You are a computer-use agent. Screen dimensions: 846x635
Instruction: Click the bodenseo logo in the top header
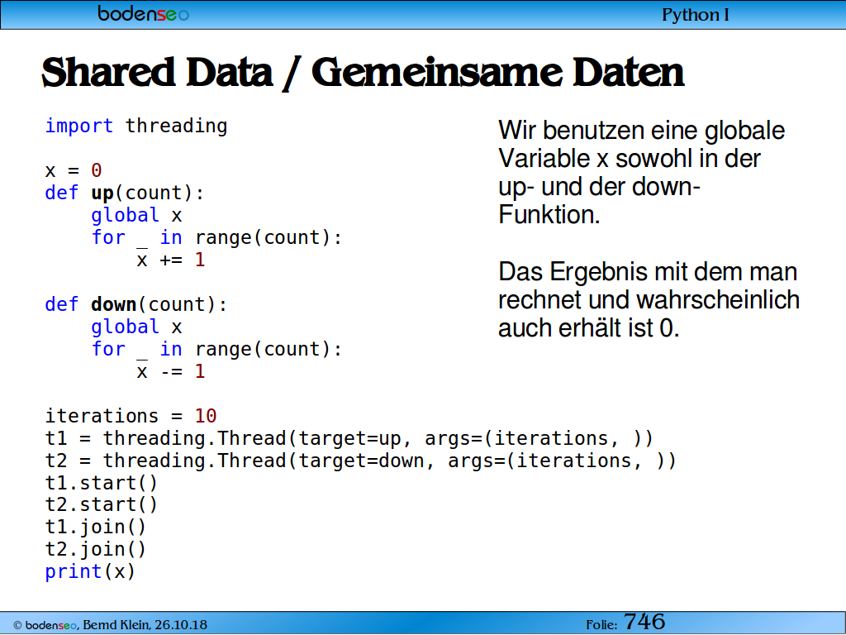(144, 13)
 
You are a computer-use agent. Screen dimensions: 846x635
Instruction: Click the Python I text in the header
(696, 15)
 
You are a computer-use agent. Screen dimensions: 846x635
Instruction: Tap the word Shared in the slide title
(108, 72)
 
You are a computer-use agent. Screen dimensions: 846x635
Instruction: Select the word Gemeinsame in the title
(436, 72)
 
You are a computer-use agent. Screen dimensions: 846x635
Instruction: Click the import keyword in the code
(78, 126)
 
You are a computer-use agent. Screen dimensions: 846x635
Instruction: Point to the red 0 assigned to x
(96, 170)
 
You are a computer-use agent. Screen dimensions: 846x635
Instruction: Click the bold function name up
(102, 193)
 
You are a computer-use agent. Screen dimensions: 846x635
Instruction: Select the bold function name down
(113, 304)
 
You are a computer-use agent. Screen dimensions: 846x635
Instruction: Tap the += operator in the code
(171, 260)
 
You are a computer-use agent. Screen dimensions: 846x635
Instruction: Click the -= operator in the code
(171, 371)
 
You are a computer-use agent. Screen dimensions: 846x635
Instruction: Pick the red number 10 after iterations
(206, 416)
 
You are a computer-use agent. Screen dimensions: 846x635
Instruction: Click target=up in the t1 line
(349, 438)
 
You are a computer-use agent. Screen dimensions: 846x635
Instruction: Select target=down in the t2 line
(361, 461)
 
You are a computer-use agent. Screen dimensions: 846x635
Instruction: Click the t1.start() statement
(102, 483)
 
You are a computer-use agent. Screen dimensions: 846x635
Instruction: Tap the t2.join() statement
(96, 549)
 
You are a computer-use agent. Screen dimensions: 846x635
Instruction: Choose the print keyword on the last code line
(74, 572)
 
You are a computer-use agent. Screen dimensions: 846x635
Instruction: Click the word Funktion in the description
(549, 215)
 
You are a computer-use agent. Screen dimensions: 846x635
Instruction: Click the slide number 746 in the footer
(644, 622)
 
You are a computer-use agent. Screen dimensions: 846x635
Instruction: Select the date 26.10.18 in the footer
(181, 625)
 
